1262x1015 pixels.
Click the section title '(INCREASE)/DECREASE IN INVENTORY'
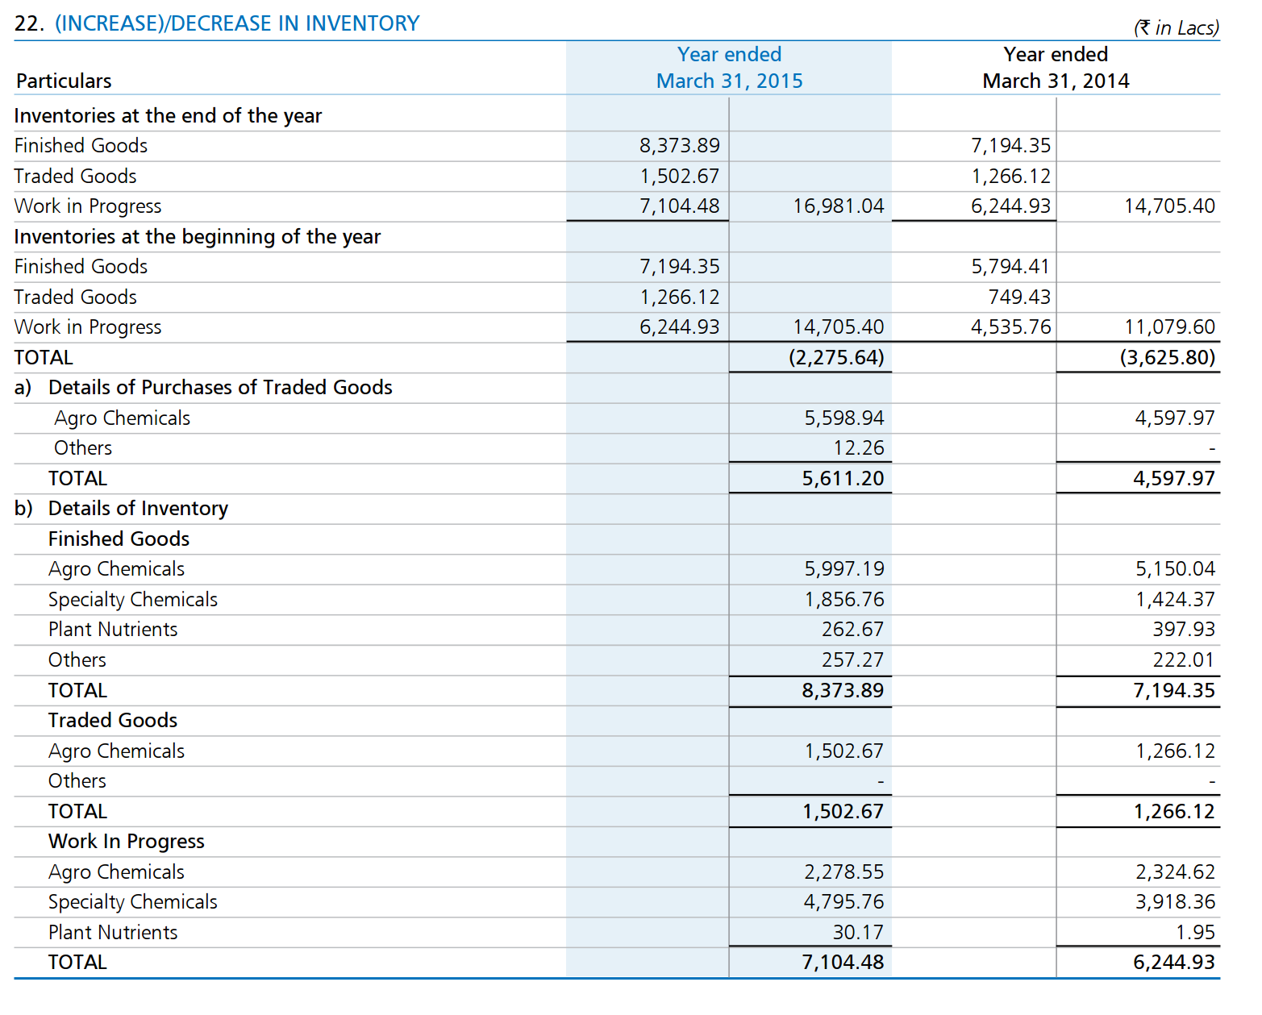click(x=237, y=23)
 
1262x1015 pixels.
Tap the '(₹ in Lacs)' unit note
click(x=1177, y=27)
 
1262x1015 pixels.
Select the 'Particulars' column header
click(x=64, y=81)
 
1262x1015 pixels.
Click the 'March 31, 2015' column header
click(x=729, y=81)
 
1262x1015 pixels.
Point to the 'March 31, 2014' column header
click(x=1056, y=81)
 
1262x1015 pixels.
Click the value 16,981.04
click(x=838, y=206)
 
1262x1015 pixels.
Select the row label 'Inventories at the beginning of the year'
click(x=197, y=237)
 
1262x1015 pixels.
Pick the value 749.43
click(x=1019, y=297)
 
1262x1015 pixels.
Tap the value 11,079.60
click(x=1169, y=327)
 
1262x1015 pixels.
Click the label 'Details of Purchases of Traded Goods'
click(x=220, y=388)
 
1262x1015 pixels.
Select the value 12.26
click(x=859, y=448)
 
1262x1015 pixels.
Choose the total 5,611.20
click(x=843, y=478)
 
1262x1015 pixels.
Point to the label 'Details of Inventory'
click(x=139, y=509)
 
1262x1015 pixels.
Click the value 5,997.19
click(x=843, y=569)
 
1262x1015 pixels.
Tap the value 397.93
click(x=1184, y=629)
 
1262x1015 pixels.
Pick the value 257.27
click(x=852, y=659)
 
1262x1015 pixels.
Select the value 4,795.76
click(x=843, y=902)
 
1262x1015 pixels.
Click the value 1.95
click(x=1195, y=932)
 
